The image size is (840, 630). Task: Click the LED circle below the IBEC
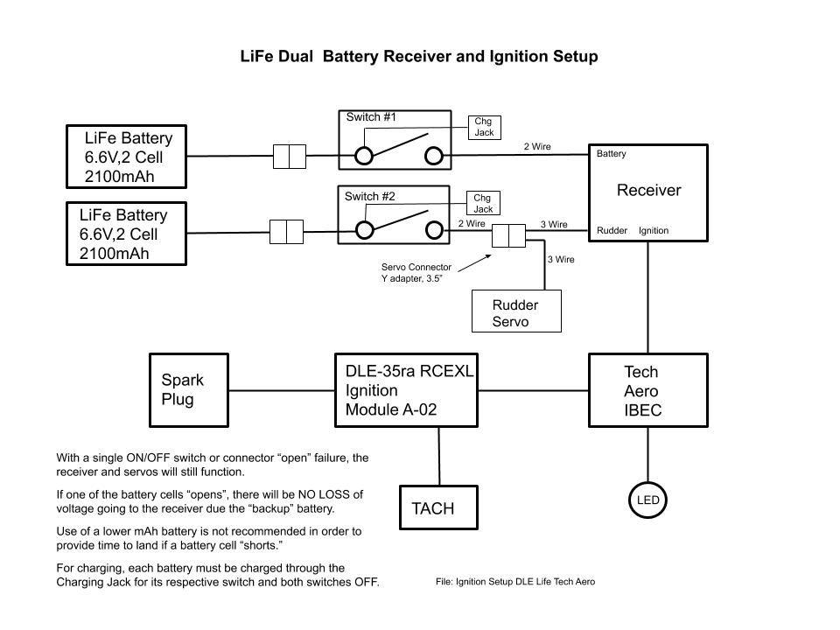point(647,500)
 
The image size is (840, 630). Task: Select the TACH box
point(439,507)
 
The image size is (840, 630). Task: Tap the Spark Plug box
point(189,389)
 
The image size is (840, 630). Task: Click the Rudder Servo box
point(515,312)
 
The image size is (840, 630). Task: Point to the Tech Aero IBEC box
point(647,390)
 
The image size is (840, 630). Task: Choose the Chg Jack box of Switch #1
point(484,127)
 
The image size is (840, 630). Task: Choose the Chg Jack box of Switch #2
point(483,204)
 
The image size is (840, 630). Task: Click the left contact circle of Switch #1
point(363,156)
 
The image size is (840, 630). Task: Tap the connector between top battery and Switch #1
point(289,157)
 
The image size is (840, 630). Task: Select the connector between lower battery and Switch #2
point(286,232)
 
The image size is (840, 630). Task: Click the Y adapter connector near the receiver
point(508,236)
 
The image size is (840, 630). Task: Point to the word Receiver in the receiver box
point(648,190)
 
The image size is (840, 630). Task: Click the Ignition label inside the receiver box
point(654,231)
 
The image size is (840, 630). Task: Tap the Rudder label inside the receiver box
point(612,231)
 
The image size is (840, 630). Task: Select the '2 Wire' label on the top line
point(537,147)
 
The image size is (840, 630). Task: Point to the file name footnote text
point(514,582)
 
